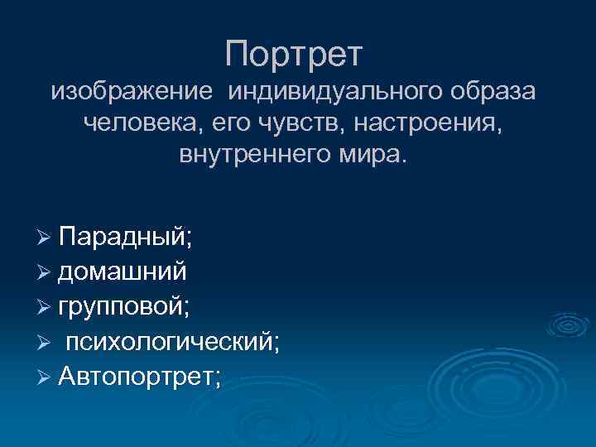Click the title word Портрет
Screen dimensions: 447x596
[294, 55]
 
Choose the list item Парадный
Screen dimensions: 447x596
[125, 237]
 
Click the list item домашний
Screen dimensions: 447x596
[122, 272]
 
